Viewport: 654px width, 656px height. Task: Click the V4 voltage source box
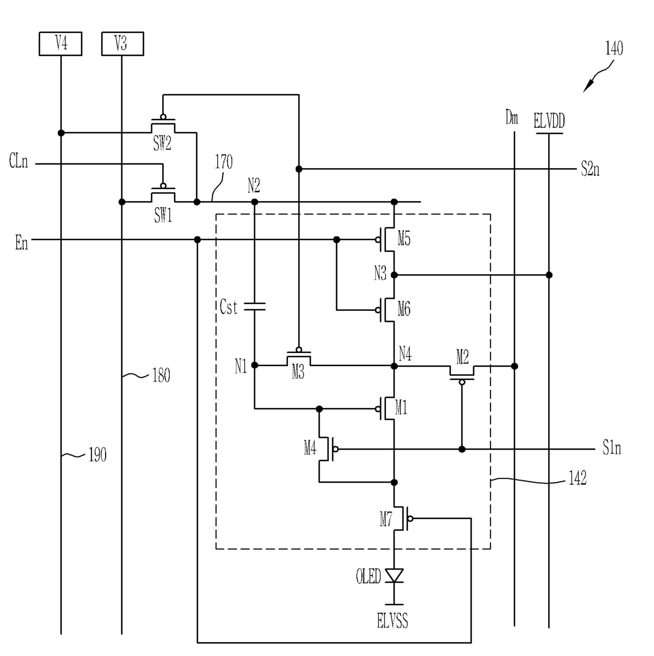point(60,44)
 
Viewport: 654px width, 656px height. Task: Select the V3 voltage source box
point(122,44)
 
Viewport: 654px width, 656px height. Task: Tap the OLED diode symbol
point(394,576)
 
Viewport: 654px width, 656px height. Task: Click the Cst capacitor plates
point(254,306)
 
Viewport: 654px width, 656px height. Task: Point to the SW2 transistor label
point(162,143)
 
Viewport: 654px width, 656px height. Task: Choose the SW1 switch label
point(163,215)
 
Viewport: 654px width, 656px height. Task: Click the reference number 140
point(614,48)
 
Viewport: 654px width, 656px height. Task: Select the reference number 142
point(578,478)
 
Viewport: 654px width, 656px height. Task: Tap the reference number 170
point(224,162)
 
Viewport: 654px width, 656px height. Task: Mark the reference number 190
point(97,455)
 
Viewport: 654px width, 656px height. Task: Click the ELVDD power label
point(549,121)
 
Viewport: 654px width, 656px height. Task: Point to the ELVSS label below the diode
point(392,620)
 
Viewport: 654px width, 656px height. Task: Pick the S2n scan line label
point(590,169)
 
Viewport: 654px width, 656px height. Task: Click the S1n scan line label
point(611,448)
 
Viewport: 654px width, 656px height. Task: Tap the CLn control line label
point(18,161)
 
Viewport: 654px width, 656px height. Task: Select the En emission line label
point(22,243)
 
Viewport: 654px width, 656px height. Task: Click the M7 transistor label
point(386,520)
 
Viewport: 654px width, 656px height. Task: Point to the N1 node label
point(241,367)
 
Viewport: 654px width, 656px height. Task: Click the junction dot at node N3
point(394,275)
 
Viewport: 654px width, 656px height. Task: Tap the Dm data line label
point(512,118)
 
